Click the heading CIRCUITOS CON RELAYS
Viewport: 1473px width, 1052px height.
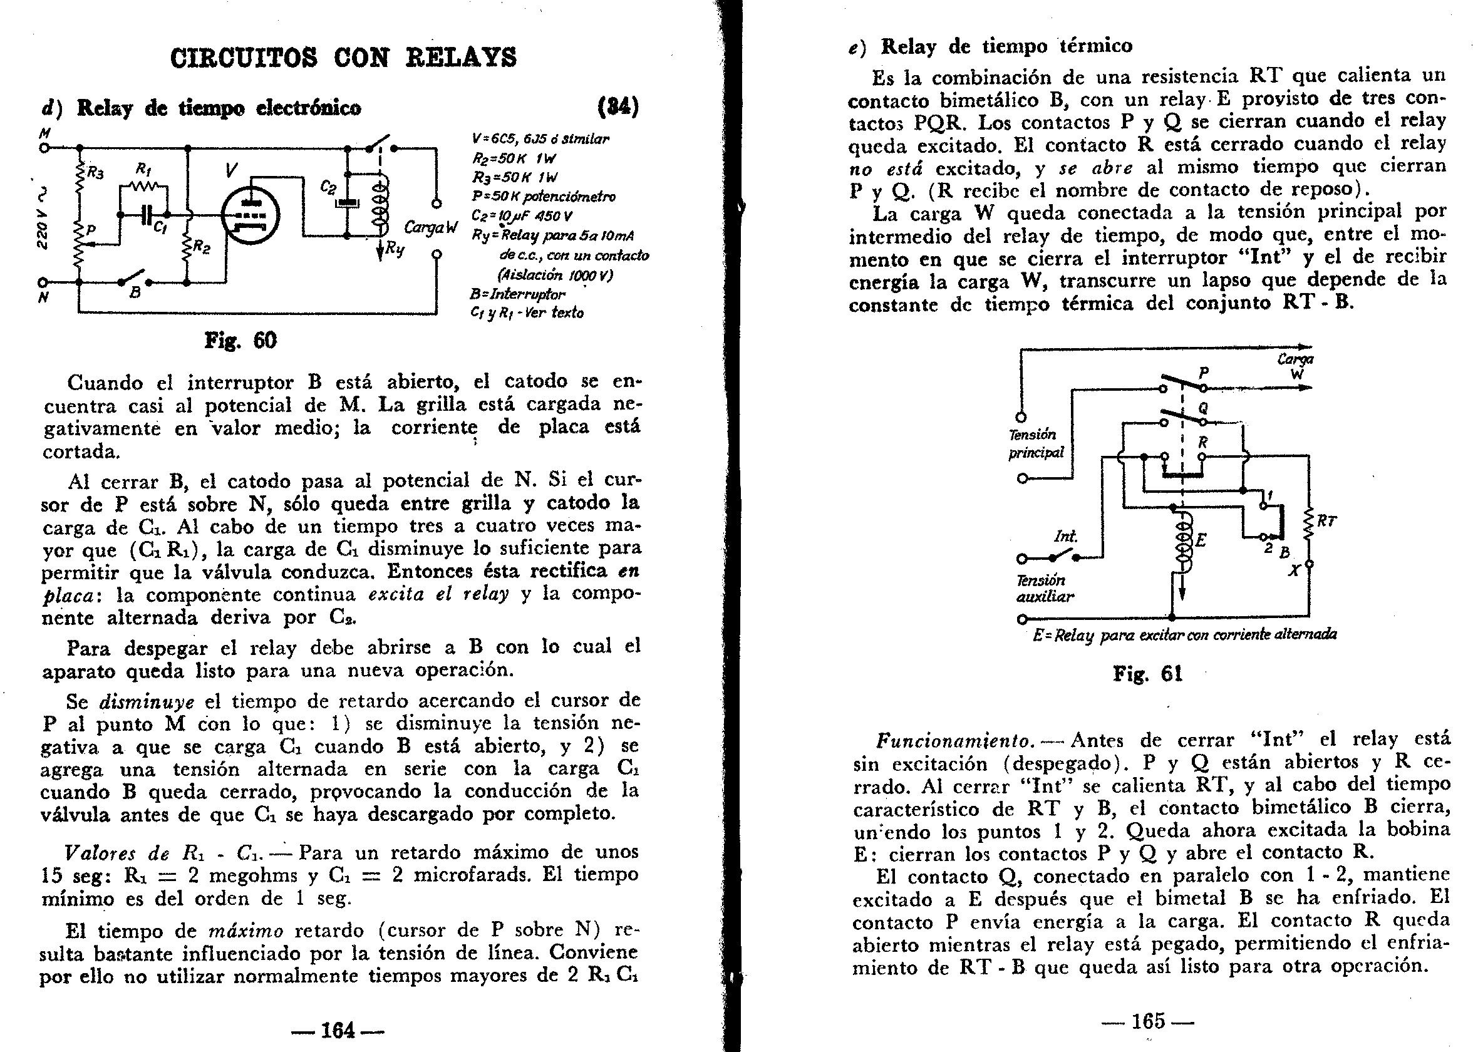(x=343, y=58)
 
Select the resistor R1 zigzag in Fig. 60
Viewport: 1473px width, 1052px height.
(x=145, y=187)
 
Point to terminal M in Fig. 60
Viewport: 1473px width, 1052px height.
(x=44, y=148)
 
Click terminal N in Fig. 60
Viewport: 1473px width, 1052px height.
(x=43, y=282)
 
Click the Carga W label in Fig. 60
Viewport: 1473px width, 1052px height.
(x=430, y=228)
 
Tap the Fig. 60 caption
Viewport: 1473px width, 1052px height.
(x=240, y=340)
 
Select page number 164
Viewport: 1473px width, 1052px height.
(x=338, y=1029)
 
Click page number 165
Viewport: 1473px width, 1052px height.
(x=1147, y=1021)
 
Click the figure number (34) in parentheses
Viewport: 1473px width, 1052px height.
(x=618, y=107)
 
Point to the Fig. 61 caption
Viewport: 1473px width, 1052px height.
(x=1147, y=674)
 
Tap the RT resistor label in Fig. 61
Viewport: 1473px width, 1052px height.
(x=1326, y=521)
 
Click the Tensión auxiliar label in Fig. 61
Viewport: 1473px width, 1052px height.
(x=1044, y=588)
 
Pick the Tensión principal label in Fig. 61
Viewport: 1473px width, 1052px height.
(x=1035, y=443)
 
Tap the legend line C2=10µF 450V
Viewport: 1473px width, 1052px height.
(x=522, y=215)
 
